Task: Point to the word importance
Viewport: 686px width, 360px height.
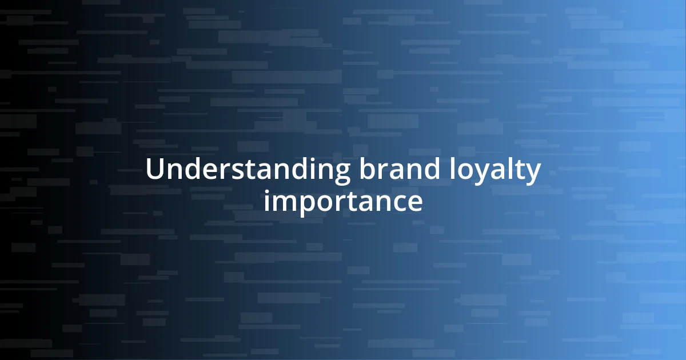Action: point(343,201)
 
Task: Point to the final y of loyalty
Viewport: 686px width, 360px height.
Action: point(533,174)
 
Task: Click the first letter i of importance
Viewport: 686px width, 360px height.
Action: point(266,201)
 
